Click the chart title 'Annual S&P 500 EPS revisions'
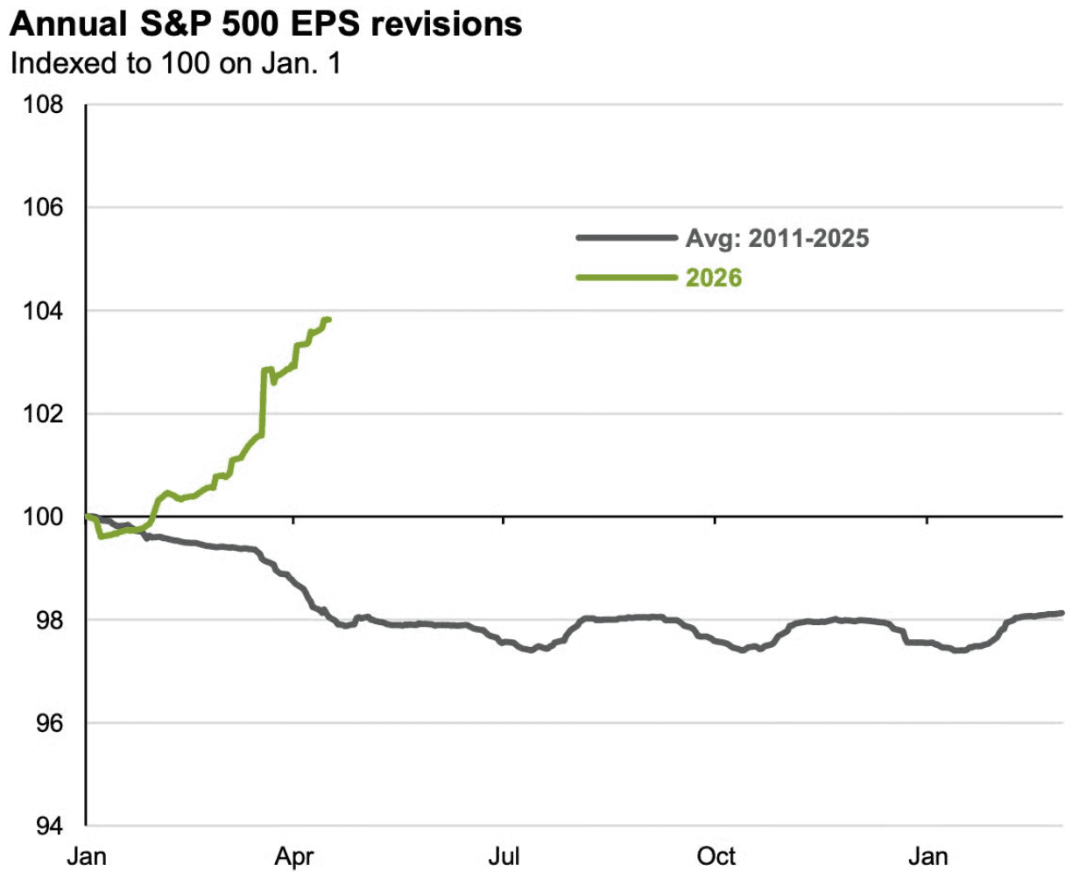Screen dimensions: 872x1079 265,24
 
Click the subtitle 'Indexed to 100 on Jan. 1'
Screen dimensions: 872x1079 174,65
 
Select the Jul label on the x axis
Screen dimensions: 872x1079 504,855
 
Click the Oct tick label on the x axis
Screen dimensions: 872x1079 716,855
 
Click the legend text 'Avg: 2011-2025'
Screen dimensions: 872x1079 777,238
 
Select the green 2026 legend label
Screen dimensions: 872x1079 713,278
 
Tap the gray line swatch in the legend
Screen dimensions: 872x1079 625,237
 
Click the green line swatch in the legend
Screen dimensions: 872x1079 625,278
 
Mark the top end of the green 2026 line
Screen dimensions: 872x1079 328,320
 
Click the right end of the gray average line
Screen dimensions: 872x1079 1061,613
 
